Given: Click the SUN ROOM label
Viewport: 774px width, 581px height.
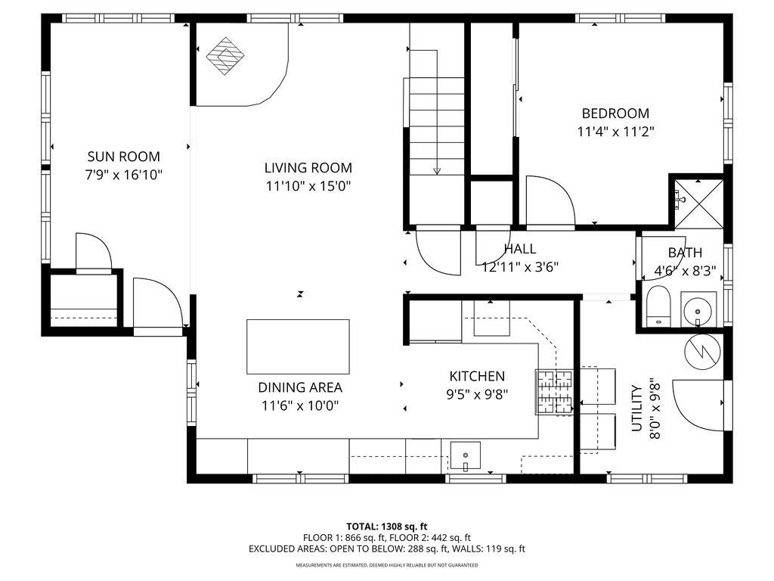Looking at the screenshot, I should point(123,157).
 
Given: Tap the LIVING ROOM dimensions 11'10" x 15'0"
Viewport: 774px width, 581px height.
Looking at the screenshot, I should point(308,185).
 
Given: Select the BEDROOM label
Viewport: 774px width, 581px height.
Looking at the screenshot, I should point(615,113).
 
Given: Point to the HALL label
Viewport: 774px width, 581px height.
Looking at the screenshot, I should point(520,249).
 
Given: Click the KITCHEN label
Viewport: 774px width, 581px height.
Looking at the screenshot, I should point(477,376).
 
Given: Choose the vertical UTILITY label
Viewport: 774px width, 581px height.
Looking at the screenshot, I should point(636,409).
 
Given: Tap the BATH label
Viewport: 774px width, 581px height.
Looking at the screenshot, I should point(685,253).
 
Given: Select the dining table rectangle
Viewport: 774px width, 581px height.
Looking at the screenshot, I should point(298,346).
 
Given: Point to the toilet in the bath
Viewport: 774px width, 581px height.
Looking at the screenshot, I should point(658,306).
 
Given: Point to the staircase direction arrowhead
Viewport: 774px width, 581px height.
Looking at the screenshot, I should point(437,170).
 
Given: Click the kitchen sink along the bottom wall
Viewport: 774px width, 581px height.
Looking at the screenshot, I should point(466,455).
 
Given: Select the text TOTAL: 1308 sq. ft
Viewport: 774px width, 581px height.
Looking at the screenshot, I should point(387,526).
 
